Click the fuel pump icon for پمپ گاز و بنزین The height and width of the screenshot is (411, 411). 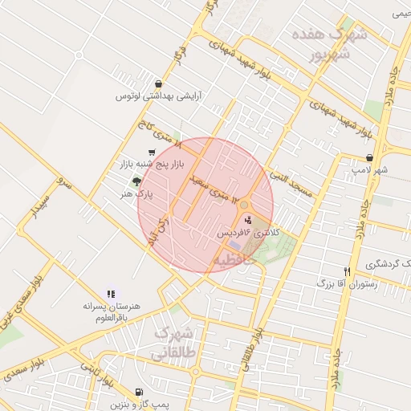tap(140, 393)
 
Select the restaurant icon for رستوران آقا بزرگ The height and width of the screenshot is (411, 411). tap(347, 271)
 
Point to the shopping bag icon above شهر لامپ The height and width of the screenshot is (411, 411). tap(368, 158)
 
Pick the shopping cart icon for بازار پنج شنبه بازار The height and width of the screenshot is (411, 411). tap(152, 153)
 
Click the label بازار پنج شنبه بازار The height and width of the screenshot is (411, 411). tap(153, 165)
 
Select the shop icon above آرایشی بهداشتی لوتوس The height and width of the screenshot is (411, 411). tap(158, 83)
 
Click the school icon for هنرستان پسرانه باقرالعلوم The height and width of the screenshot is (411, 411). tap(111, 294)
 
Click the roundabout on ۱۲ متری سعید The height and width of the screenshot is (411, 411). tap(243, 205)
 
